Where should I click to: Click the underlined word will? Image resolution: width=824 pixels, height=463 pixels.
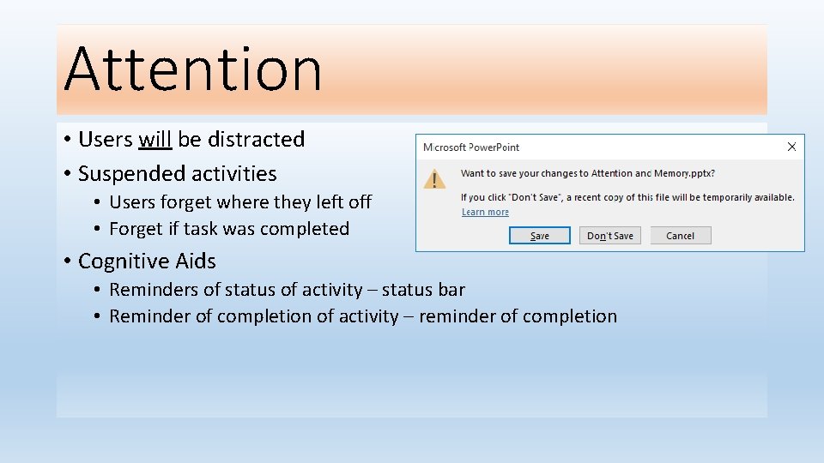[x=155, y=140]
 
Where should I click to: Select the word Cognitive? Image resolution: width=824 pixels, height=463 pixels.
[x=123, y=261]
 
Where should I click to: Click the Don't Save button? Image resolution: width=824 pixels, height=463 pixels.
[x=610, y=236]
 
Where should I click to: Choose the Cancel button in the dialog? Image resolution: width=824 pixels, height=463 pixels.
[x=681, y=236]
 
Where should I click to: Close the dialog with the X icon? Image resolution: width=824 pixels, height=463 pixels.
[x=791, y=147]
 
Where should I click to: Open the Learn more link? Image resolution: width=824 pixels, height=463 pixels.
[x=485, y=213]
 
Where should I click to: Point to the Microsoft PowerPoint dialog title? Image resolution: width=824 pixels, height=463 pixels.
[x=471, y=147]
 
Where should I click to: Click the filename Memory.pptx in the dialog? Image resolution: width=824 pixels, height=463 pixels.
[x=685, y=173]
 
